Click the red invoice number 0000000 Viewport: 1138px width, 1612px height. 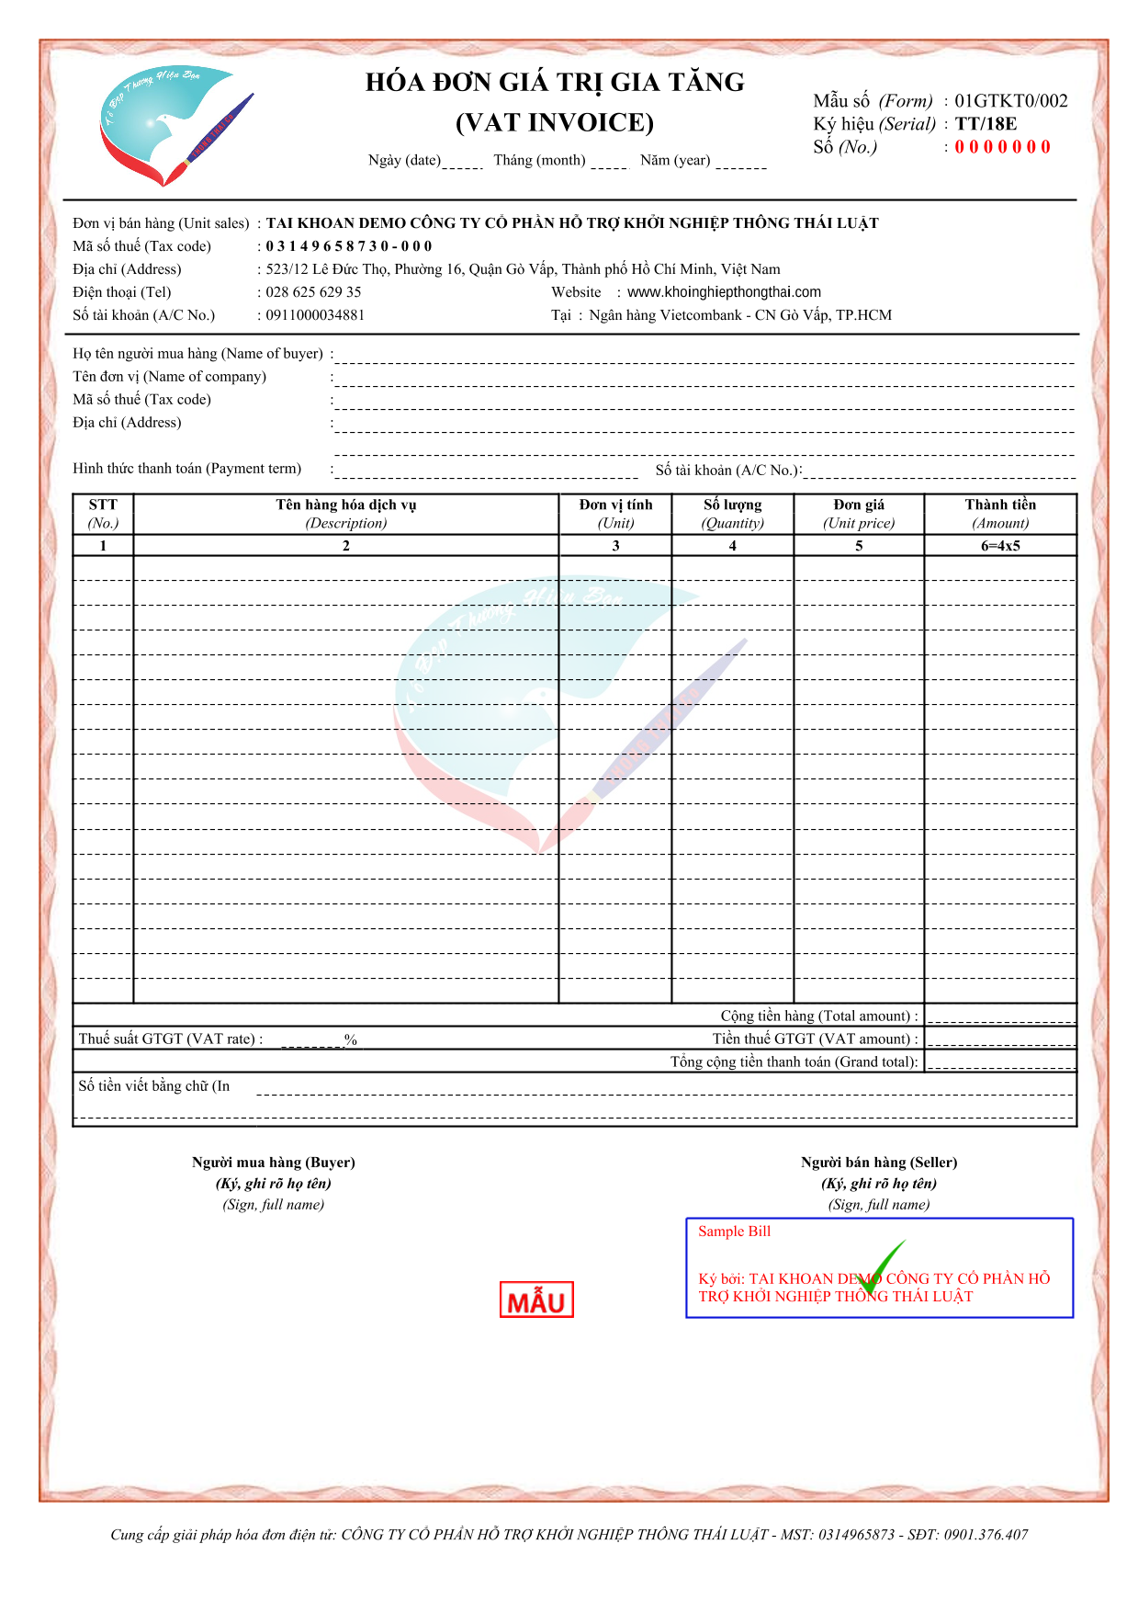pyautogui.click(x=1002, y=147)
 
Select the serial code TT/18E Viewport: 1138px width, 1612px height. pyautogui.click(x=986, y=124)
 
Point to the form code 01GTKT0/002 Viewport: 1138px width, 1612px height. pyautogui.click(x=1010, y=101)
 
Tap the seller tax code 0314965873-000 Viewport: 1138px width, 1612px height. pyautogui.click(x=349, y=246)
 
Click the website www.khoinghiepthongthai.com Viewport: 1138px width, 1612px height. pyautogui.click(x=724, y=292)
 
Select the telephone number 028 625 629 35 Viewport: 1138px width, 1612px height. pyautogui.click(x=313, y=292)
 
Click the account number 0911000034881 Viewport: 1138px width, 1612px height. pyautogui.click(x=315, y=315)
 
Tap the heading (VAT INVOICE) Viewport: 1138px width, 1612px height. pyautogui.click(x=555, y=122)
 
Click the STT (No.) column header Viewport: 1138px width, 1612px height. pyautogui.click(x=103, y=514)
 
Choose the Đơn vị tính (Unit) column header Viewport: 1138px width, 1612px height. pyautogui.click(x=615, y=514)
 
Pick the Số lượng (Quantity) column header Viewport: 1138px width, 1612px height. pyautogui.click(x=732, y=514)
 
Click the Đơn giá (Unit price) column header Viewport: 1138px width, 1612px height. pyautogui.click(x=859, y=514)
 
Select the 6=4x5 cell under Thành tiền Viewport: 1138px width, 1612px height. pyautogui.click(x=1000, y=546)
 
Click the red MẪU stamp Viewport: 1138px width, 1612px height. pyautogui.click(x=536, y=1300)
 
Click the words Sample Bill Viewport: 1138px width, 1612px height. pyautogui.click(x=734, y=1232)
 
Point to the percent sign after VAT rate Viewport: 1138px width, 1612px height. pyautogui.click(x=351, y=1039)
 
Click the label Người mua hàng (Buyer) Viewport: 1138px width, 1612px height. pyautogui.click(x=273, y=1163)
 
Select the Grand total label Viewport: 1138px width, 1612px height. pyautogui.click(x=794, y=1062)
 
